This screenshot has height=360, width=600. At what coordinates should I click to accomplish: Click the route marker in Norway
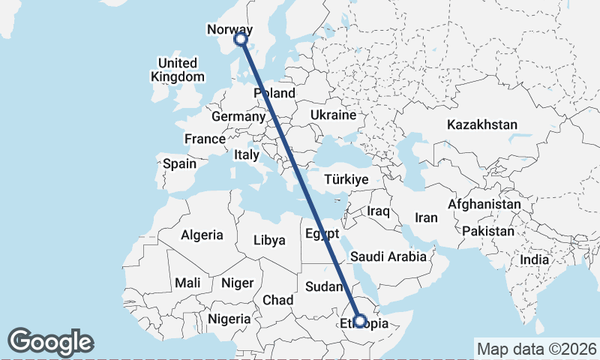pyautogui.click(x=241, y=39)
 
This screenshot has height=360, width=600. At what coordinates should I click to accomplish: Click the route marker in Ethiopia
pyautogui.click(x=360, y=321)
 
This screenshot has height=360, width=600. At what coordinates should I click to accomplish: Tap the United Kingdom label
pyautogui.click(x=177, y=70)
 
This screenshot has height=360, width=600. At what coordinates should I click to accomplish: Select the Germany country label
pyautogui.click(x=238, y=117)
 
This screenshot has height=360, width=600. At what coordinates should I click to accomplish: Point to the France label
pyautogui.click(x=205, y=139)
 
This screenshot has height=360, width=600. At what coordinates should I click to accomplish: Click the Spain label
pyautogui.click(x=179, y=163)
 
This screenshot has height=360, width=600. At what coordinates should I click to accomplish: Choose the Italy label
pyautogui.click(x=246, y=154)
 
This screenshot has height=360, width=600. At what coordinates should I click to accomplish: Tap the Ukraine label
pyautogui.click(x=333, y=115)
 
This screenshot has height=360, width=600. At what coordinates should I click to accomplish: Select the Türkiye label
pyautogui.click(x=346, y=179)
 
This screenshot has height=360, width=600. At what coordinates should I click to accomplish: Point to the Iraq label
pyautogui.click(x=378, y=211)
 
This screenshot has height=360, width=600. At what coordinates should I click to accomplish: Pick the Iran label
pyautogui.click(x=426, y=217)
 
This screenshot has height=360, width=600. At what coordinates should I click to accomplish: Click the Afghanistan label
pyautogui.click(x=484, y=204)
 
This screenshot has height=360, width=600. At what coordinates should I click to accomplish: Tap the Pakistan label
pyautogui.click(x=488, y=231)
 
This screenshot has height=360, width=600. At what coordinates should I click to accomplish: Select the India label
pyautogui.click(x=535, y=259)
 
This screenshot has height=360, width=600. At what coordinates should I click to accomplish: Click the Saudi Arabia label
pyautogui.click(x=388, y=256)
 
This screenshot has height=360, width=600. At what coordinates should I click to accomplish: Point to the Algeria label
pyautogui.click(x=202, y=235)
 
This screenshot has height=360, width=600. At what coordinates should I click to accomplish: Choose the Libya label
pyautogui.click(x=270, y=241)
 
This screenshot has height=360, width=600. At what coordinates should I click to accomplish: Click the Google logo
pyautogui.click(x=51, y=341)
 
